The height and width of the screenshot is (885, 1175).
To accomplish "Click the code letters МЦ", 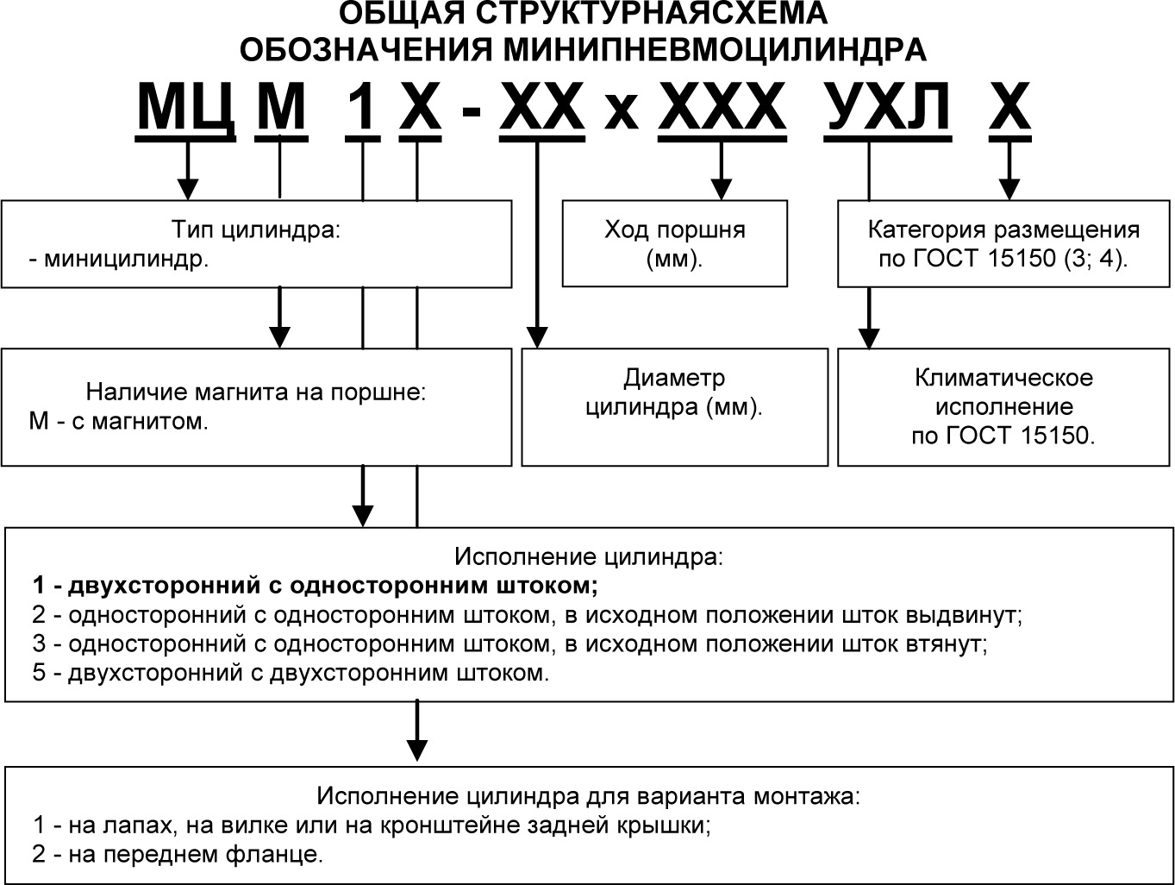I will (185, 108).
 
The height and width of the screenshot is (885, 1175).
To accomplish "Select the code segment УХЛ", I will (888, 108).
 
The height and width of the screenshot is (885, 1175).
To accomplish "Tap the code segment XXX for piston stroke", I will (722, 108).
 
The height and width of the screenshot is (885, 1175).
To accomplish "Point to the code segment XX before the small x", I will (542, 108).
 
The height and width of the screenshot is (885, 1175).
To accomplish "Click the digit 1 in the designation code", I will (362, 108).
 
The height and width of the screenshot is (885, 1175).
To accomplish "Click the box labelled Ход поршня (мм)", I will (674, 243).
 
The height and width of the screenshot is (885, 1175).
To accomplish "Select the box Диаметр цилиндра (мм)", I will (674, 406).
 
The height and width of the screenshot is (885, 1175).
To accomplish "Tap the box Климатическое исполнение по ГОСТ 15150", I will (1003, 406).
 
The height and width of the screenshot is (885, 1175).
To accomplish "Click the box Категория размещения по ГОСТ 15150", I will (1003, 243).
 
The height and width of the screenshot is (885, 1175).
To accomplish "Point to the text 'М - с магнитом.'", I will (119, 422).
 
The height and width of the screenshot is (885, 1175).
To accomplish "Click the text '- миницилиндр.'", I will (119, 259).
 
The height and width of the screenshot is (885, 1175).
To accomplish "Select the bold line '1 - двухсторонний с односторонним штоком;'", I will (316, 586).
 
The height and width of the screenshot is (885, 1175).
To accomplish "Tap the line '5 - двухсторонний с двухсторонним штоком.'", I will (291, 673).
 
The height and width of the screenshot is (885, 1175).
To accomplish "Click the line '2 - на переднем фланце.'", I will (178, 855).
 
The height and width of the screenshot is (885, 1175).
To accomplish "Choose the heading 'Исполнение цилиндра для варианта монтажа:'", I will (588, 795).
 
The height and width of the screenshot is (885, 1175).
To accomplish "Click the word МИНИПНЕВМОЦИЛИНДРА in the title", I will (715, 49).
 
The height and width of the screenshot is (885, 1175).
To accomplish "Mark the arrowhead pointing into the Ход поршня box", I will (722, 190).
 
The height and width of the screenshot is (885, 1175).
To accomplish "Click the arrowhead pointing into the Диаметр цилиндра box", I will (537, 337).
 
